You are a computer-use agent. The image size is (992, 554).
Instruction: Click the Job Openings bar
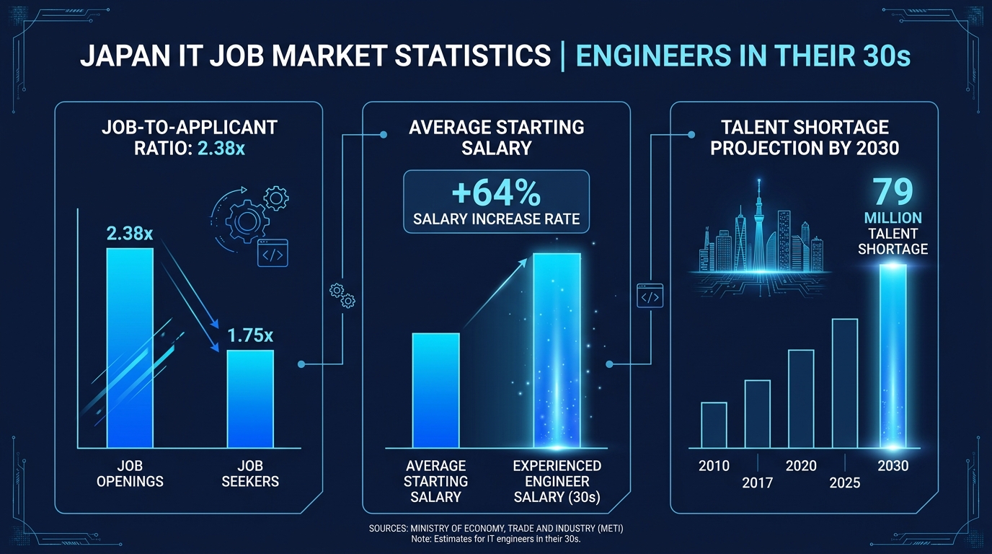(x=130, y=348)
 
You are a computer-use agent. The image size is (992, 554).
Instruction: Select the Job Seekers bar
(x=250, y=399)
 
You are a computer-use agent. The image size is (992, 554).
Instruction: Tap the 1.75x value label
(x=250, y=335)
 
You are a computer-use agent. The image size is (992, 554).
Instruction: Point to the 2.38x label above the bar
(x=130, y=233)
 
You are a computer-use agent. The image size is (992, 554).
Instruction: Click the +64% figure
(x=496, y=193)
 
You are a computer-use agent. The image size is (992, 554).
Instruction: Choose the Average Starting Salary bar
(x=435, y=390)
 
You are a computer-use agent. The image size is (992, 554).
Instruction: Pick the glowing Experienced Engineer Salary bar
(x=557, y=351)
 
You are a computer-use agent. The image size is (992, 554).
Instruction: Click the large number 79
(x=893, y=192)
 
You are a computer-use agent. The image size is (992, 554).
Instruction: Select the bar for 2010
(x=714, y=425)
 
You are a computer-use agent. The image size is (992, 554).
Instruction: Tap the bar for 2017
(x=757, y=414)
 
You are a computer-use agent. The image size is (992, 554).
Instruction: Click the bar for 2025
(x=844, y=383)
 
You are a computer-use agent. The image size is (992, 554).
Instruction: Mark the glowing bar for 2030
(x=893, y=356)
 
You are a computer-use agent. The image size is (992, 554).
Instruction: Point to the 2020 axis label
(x=801, y=466)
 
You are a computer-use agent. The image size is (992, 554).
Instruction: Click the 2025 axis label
(x=844, y=483)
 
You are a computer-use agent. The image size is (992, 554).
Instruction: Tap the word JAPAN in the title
(x=125, y=56)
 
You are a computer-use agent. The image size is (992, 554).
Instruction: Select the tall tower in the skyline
(x=758, y=225)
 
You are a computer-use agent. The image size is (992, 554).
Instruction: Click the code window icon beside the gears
(x=273, y=253)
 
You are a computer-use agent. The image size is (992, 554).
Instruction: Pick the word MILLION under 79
(x=893, y=218)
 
